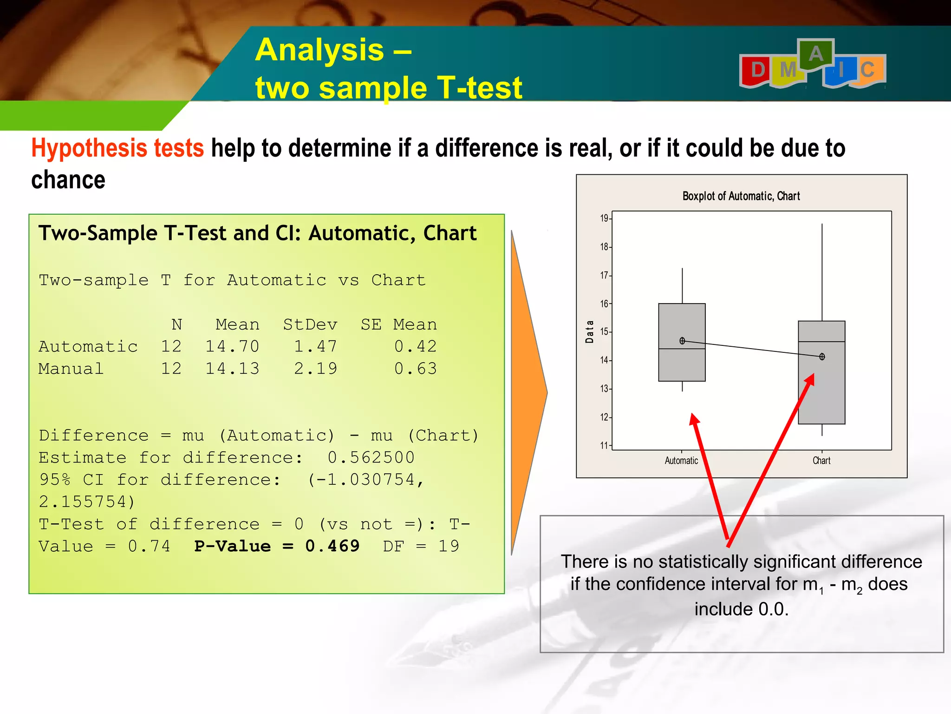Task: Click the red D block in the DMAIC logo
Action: click(757, 71)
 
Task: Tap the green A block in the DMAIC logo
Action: click(815, 55)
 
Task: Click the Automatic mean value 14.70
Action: click(232, 346)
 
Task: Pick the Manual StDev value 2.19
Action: click(315, 369)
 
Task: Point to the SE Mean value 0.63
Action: click(415, 369)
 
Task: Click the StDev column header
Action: click(310, 324)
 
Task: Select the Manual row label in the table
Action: click(71, 369)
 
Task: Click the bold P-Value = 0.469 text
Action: click(277, 546)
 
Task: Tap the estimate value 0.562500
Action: click(371, 457)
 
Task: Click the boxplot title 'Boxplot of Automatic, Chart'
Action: click(741, 196)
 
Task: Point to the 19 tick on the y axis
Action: click(604, 218)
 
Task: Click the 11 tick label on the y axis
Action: click(604, 445)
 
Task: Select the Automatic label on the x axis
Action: click(681, 461)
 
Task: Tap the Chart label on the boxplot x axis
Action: click(821, 461)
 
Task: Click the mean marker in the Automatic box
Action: click(682, 341)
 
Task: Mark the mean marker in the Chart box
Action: click(822, 357)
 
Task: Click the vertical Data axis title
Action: click(590, 331)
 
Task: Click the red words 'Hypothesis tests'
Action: click(117, 148)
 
